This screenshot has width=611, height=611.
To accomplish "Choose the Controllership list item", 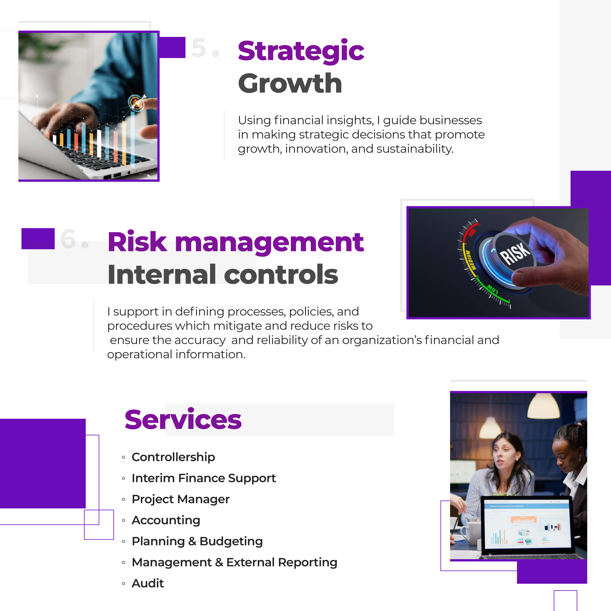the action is tap(173, 457).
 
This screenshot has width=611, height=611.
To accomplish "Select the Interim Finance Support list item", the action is tap(204, 478).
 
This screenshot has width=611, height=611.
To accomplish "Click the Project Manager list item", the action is tap(181, 499).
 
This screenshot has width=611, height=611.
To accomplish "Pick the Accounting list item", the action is tap(166, 520).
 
